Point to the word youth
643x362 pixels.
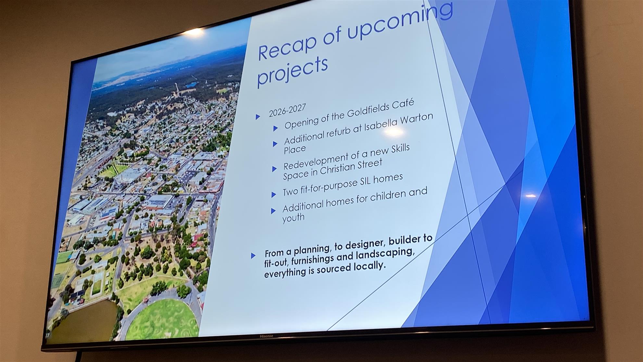point(293,217)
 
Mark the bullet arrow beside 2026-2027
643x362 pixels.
point(258,117)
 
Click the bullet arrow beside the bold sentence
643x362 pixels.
point(253,256)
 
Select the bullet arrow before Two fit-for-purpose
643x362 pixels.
point(273,195)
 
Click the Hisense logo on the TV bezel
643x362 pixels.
point(266,336)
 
